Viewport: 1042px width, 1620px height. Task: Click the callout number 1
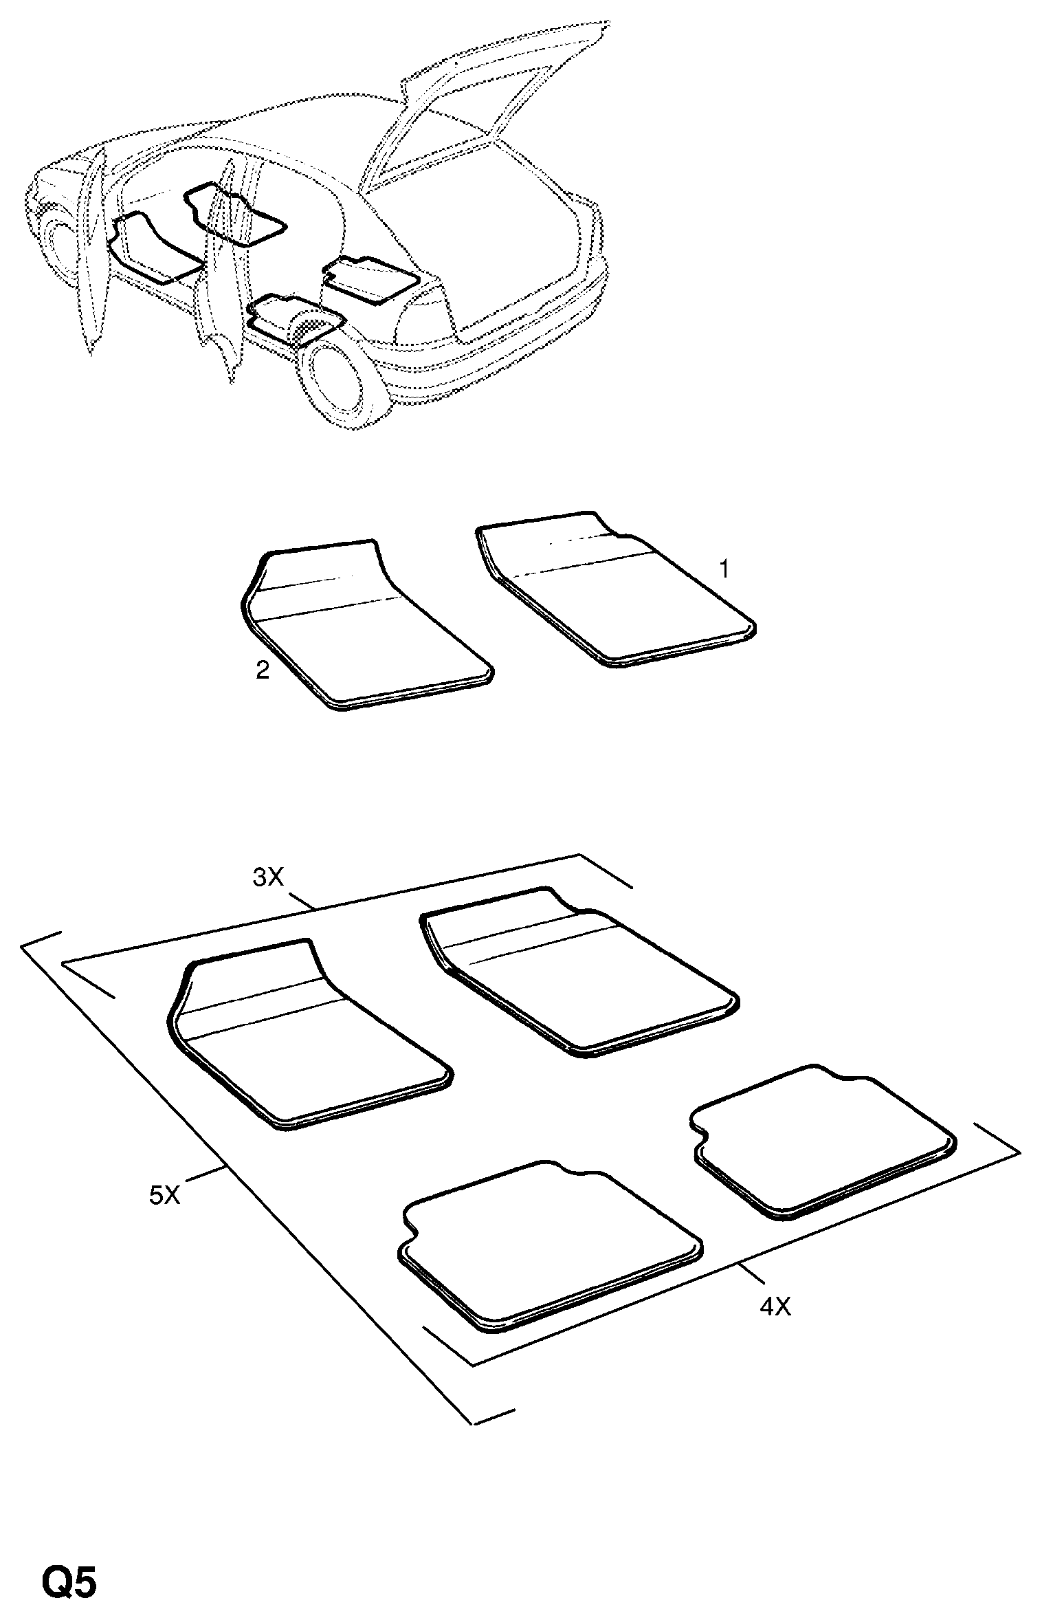pos(724,569)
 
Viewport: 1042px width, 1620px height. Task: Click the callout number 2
pos(263,670)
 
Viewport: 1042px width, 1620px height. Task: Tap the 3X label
pos(268,878)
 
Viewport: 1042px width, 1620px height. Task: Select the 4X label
pos(775,1306)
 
